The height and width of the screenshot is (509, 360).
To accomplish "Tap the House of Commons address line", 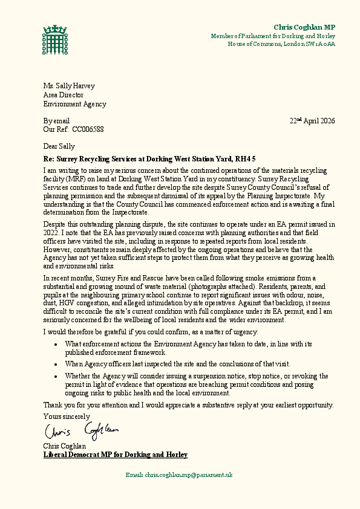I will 281,44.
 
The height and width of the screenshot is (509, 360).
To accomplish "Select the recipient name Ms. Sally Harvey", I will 69,86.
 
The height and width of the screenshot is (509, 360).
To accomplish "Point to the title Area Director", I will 63,95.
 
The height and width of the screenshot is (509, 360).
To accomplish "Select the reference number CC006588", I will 88,129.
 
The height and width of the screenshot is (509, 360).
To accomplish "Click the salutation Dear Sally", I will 59,146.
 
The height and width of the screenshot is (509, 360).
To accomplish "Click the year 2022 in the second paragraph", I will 53,232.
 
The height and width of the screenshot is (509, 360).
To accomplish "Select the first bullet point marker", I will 55,344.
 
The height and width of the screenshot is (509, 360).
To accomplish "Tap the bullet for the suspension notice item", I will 55,376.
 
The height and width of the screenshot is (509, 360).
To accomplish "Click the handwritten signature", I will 80,431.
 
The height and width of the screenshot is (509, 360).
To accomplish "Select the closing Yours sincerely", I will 67,417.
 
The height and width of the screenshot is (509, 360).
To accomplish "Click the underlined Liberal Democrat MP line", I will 115,455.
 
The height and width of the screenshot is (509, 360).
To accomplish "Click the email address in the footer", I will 188,475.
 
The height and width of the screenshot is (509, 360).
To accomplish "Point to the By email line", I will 56,121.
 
